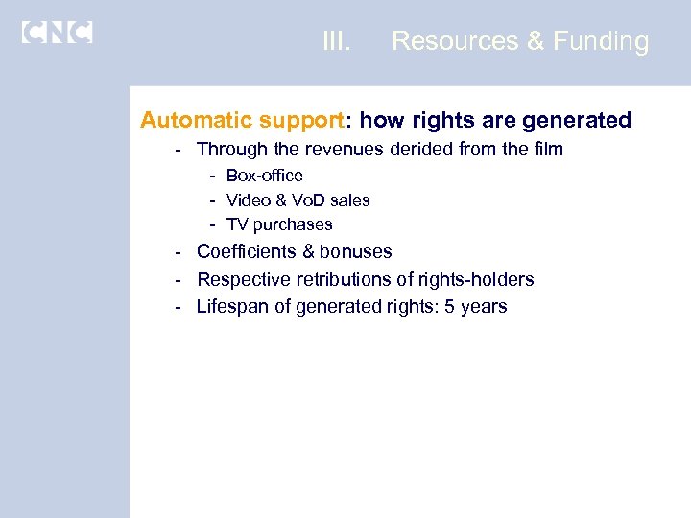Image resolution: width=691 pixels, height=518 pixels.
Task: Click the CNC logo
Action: (57, 32)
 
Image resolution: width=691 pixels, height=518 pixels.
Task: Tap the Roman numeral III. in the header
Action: (336, 41)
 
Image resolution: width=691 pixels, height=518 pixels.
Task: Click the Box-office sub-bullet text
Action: (264, 176)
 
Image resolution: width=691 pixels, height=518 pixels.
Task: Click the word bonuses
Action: (356, 251)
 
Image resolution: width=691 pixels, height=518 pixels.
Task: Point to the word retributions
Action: (333, 279)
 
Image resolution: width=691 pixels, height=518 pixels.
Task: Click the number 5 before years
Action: (449, 307)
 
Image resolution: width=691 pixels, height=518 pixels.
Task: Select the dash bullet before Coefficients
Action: (179, 251)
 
